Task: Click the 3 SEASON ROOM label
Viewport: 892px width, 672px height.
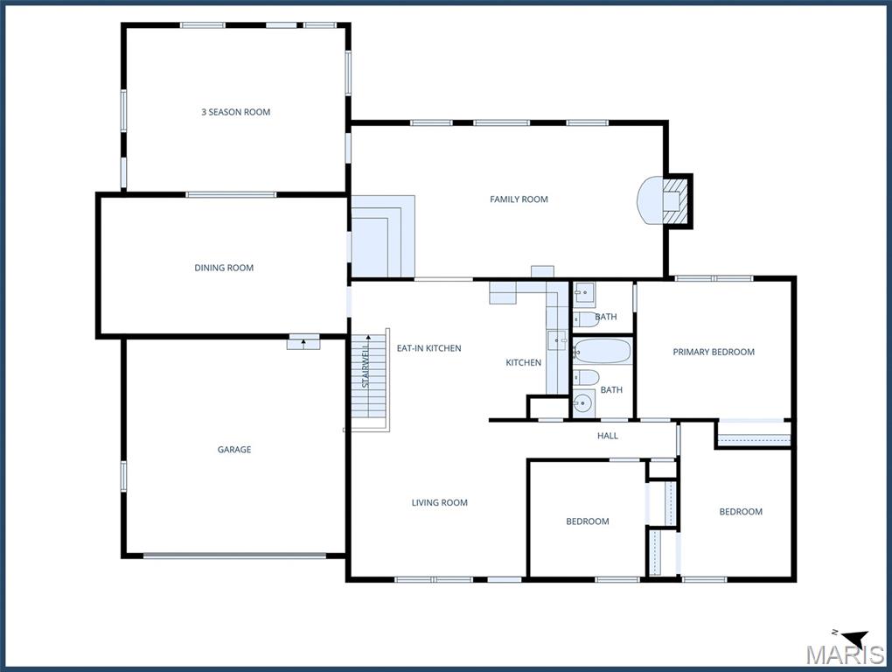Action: click(235, 112)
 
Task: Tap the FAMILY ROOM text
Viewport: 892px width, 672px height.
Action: click(519, 199)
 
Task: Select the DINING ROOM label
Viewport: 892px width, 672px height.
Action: click(224, 268)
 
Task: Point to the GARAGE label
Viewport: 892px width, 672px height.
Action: click(234, 450)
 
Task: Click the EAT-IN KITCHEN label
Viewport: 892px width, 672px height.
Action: click(429, 348)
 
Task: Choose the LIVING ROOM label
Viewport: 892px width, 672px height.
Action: click(440, 502)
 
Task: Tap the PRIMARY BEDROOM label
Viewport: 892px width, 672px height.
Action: click(714, 353)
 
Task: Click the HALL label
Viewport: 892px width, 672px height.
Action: click(608, 436)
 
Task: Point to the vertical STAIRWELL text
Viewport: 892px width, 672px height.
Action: click(366, 364)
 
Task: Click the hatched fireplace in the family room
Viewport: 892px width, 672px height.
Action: click(677, 201)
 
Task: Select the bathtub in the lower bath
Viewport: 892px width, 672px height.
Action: click(602, 352)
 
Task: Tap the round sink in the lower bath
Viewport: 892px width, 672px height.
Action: click(583, 404)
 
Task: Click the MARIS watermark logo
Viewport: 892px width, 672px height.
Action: click(846, 654)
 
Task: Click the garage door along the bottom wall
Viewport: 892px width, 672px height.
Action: click(234, 556)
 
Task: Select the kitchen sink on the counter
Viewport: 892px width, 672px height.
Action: click(558, 340)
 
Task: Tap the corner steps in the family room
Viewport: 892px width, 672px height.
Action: click(383, 236)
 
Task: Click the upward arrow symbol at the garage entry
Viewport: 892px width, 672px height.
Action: click(303, 343)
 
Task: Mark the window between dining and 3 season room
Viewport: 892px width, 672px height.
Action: click(231, 194)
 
